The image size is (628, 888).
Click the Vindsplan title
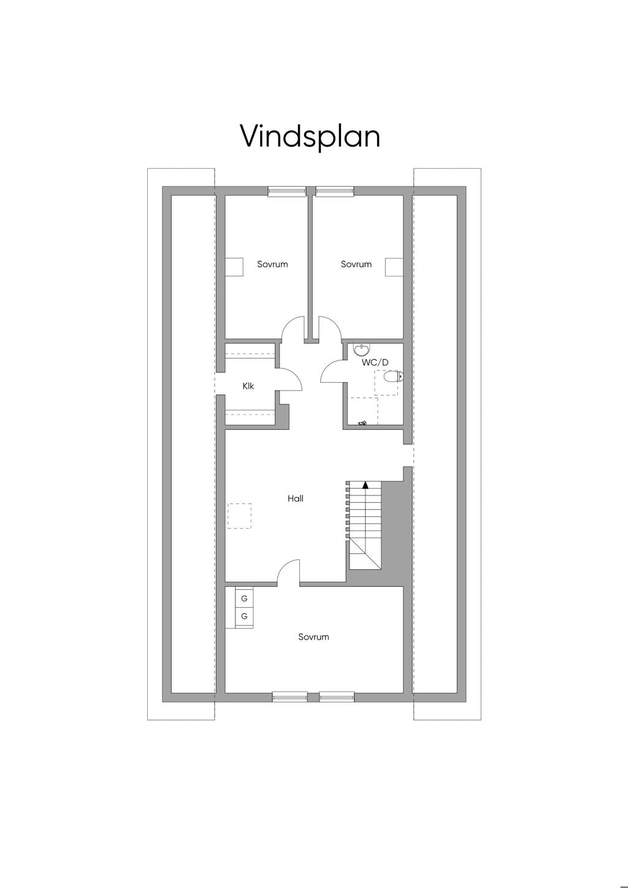[x=310, y=137]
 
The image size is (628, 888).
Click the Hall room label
[x=296, y=499]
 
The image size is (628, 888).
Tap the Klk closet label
[x=248, y=386]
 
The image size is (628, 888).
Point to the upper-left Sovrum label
[x=272, y=264]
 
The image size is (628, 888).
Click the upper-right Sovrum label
[x=356, y=264]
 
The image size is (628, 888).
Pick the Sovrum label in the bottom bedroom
[x=313, y=637]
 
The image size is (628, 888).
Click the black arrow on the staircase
[x=365, y=484]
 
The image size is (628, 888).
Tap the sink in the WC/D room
[x=361, y=350]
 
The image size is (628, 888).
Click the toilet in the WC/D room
[x=394, y=376]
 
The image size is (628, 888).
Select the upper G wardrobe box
[x=244, y=599]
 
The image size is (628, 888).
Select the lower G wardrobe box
[x=244, y=616]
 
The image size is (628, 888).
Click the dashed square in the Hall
[x=239, y=516]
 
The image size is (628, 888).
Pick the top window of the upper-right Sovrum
[x=334, y=192]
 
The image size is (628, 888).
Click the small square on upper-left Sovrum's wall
[x=234, y=267]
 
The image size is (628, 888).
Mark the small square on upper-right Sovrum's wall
[x=394, y=267]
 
